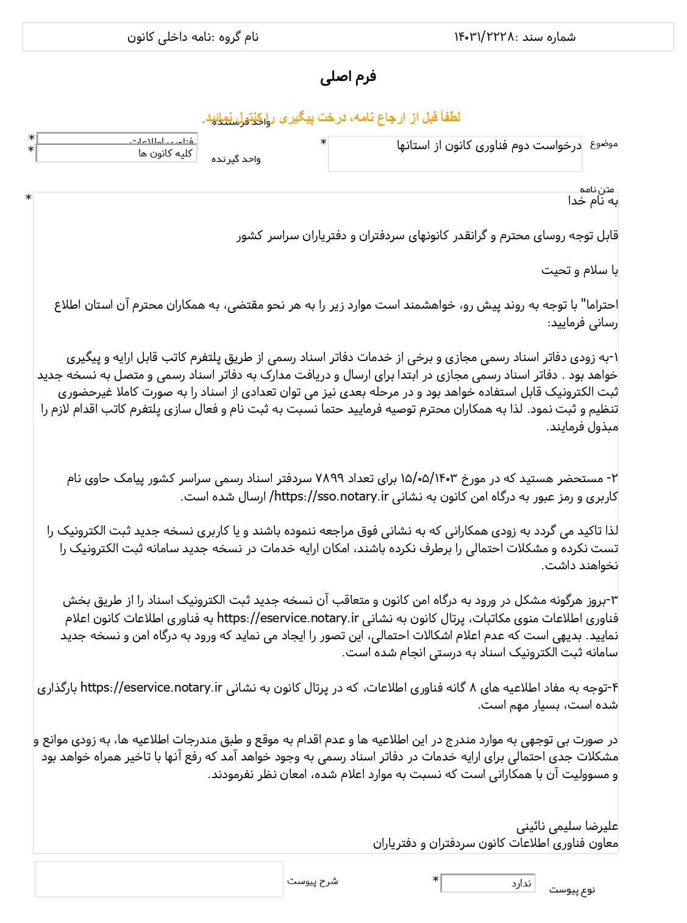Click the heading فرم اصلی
coord(348,77)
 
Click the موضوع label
coord(603,144)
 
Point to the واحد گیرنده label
coord(236,160)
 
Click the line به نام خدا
coord(593,201)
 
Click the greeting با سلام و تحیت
coord(579,270)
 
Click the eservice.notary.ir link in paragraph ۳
coord(288,618)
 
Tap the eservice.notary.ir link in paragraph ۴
coord(151,687)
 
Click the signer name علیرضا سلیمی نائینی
coord(567,826)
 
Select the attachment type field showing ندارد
coord(488,883)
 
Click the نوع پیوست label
coord(572,890)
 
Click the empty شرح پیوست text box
coord(159,879)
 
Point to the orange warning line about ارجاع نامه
coord(332,118)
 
